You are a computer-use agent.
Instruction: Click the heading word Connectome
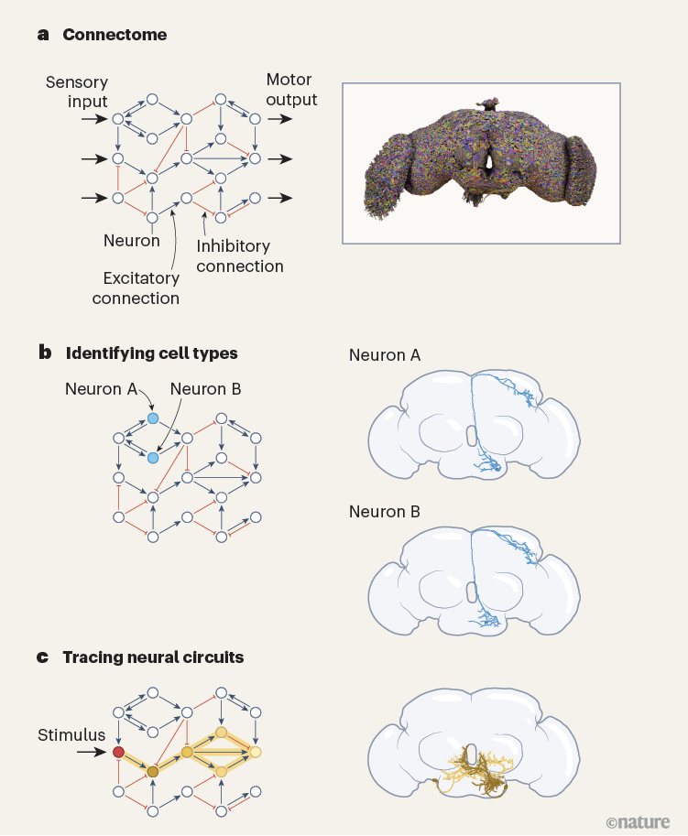click(115, 35)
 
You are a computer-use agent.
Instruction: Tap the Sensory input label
click(76, 92)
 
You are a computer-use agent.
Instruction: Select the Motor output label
click(290, 90)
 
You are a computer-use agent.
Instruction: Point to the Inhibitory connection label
click(240, 256)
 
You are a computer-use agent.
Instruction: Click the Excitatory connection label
click(136, 288)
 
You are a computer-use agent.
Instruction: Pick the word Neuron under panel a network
click(132, 241)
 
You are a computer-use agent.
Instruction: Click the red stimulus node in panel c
click(117, 753)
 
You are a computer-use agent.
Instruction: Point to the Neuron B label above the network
click(206, 389)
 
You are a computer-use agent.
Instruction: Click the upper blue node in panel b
click(153, 418)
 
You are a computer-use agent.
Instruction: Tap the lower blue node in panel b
click(153, 457)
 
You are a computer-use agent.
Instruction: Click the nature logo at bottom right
click(638, 821)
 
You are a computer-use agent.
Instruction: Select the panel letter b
click(43, 352)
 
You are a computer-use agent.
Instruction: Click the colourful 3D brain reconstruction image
click(480, 162)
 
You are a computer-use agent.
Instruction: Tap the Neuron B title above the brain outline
click(384, 511)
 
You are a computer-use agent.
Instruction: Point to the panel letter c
click(42, 657)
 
